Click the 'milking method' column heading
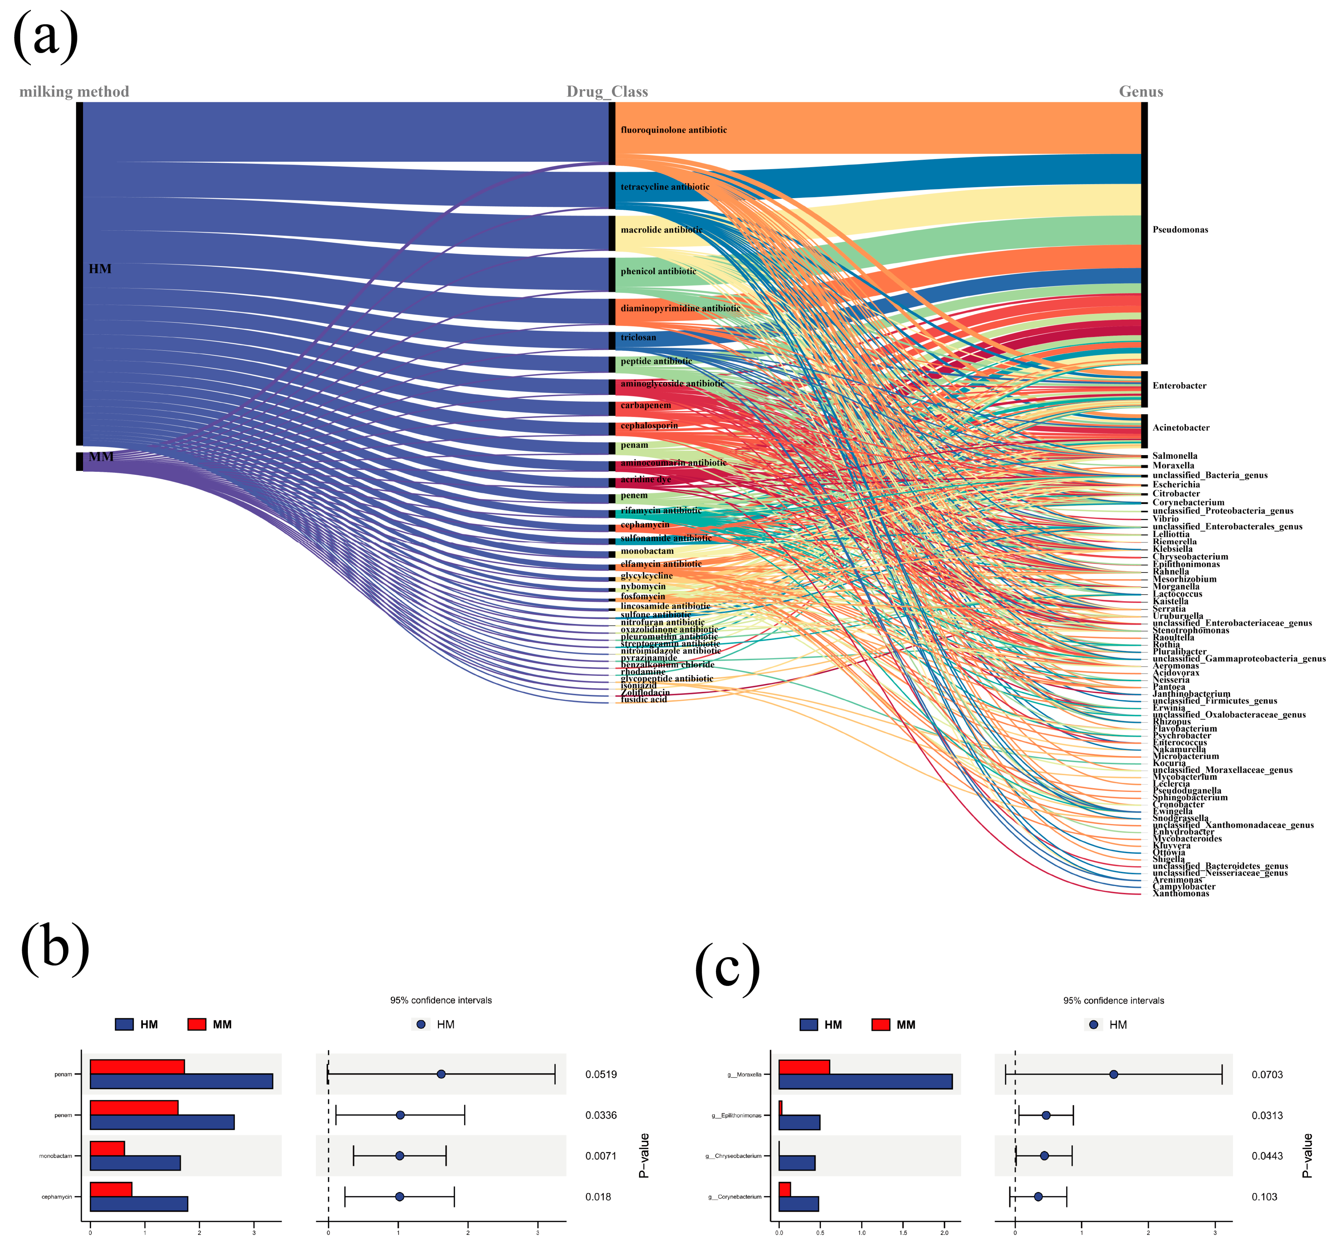click(x=74, y=92)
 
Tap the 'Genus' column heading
click(x=1141, y=92)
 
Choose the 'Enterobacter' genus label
click(x=1179, y=386)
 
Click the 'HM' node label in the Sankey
click(x=100, y=269)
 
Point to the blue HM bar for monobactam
click(x=135, y=1163)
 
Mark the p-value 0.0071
click(x=601, y=1156)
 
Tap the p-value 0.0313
click(x=1267, y=1115)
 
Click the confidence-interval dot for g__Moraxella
click(x=1113, y=1074)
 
